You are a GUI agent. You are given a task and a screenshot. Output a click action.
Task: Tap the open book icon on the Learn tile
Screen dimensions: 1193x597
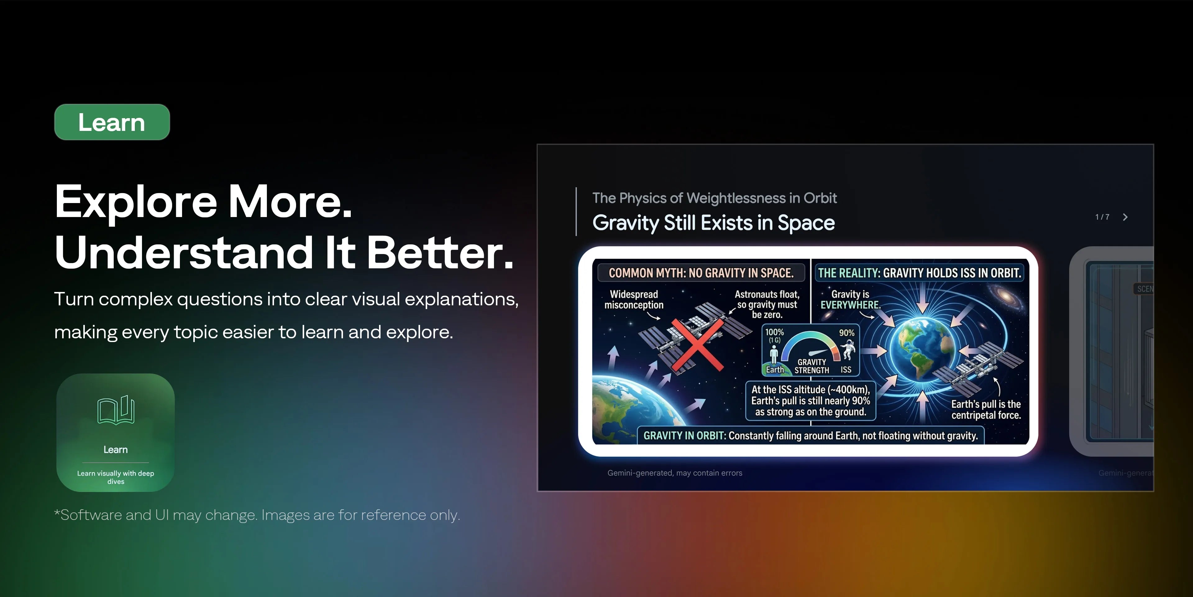coord(116,410)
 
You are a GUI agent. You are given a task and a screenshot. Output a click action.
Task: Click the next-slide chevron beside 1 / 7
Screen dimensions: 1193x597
coord(1125,217)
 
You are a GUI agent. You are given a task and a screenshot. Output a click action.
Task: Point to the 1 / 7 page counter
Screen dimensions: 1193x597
coord(1102,217)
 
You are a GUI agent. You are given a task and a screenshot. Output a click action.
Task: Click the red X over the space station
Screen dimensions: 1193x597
coord(697,345)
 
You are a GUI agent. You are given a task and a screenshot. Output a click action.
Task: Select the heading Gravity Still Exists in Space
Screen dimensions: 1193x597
coord(714,223)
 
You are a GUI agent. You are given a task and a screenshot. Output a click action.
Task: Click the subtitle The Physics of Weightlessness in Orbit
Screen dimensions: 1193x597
coord(715,198)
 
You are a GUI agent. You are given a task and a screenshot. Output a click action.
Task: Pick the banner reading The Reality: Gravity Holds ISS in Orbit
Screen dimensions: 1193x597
coord(919,273)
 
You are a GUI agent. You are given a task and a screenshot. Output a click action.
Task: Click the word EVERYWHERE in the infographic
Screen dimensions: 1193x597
coord(850,305)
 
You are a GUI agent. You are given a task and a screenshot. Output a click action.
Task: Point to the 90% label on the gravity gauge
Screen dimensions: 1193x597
coord(847,333)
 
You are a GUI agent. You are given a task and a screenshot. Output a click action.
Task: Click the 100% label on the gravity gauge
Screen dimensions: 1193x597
coord(774,332)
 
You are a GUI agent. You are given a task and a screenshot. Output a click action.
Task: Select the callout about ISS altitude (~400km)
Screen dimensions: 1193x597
coord(811,401)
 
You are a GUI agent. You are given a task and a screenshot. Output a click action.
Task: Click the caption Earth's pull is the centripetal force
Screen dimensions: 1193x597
coord(986,410)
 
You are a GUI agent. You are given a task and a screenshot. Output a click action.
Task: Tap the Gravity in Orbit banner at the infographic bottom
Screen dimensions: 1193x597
coord(811,436)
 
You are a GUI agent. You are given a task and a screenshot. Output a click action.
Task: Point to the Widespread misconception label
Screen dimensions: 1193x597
coord(634,299)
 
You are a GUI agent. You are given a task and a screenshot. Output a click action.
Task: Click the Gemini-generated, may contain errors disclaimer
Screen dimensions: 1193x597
coord(675,473)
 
